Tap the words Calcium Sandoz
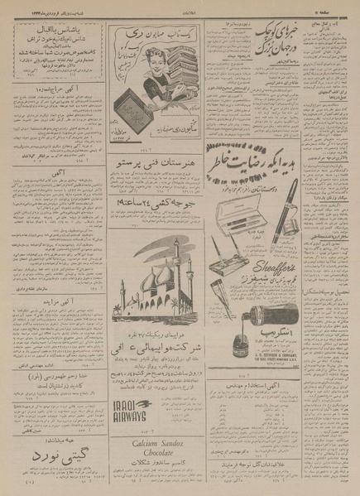pos(157,441)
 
